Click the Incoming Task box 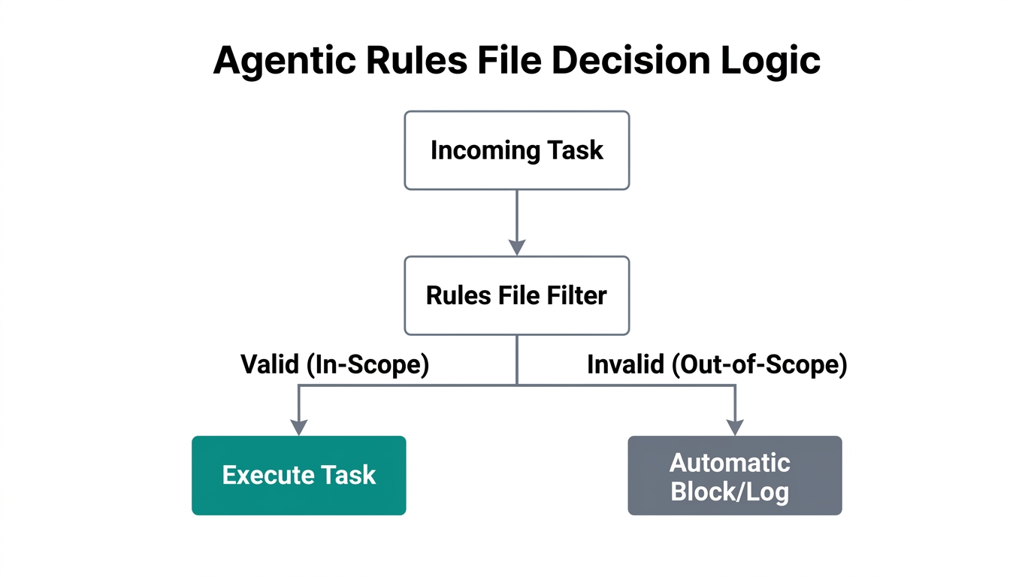click(x=516, y=150)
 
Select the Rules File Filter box click(x=516, y=295)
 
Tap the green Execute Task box click(x=298, y=475)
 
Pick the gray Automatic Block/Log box click(x=734, y=475)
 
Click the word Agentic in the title click(x=284, y=61)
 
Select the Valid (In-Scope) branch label click(x=334, y=364)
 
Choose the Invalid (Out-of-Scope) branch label click(x=717, y=364)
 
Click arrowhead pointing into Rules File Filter click(x=516, y=247)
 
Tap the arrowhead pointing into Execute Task click(x=298, y=427)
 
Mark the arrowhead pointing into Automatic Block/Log click(x=735, y=427)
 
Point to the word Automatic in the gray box click(x=730, y=462)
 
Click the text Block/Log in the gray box click(x=730, y=491)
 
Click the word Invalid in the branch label click(x=625, y=364)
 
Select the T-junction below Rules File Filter click(x=517, y=385)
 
